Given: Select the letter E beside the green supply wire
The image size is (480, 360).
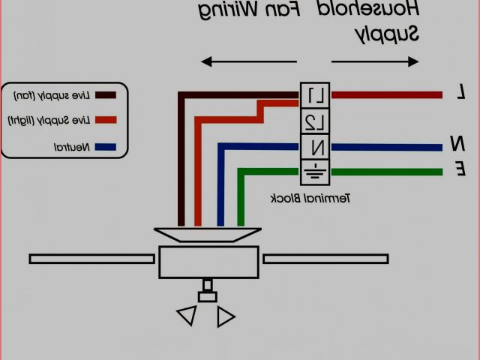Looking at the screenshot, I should point(460,170).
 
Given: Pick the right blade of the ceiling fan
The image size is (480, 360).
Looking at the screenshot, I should point(325,259).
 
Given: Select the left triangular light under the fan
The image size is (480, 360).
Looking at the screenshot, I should point(187,316).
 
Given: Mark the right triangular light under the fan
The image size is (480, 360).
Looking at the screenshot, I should point(225,316).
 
